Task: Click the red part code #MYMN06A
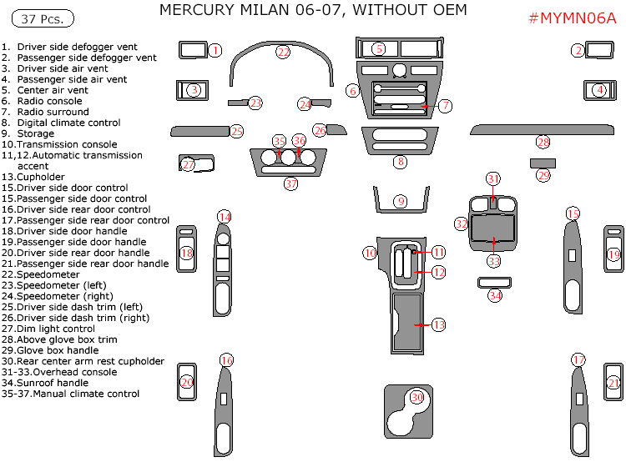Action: click(573, 20)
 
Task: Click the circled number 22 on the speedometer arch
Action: click(284, 52)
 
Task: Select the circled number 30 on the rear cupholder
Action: click(416, 398)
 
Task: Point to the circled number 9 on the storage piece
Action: click(401, 202)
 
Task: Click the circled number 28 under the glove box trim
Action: click(543, 143)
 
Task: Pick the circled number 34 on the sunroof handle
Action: click(495, 295)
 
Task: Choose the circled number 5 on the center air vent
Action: click(379, 49)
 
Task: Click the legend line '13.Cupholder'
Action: click(33, 177)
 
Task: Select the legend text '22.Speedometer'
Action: click(41, 274)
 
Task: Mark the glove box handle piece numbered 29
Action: click(543, 163)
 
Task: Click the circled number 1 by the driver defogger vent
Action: click(215, 50)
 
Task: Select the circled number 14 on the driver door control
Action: click(225, 218)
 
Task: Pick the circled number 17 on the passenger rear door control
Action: click(578, 359)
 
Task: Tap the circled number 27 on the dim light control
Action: click(188, 165)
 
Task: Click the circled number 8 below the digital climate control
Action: click(401, 161)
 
